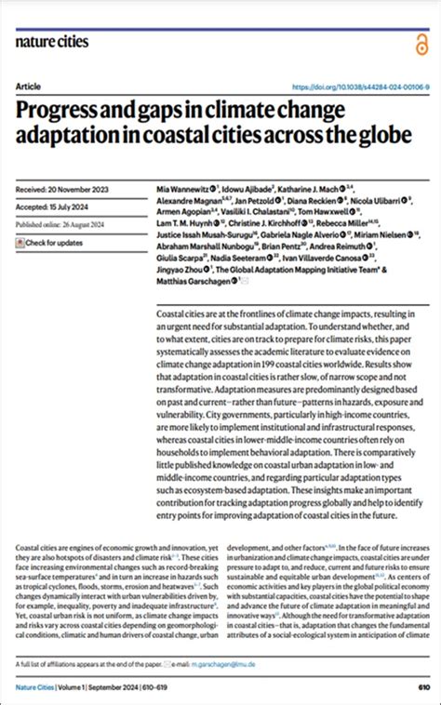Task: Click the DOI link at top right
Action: point(354,86)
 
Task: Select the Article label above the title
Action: point(29,86)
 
